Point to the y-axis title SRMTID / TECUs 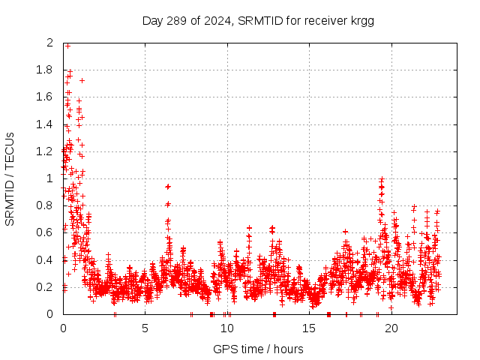(10, 178)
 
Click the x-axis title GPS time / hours (258, 349)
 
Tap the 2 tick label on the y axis (50, 43)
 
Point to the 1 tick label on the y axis (50, 178)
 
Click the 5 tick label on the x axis (145, 328)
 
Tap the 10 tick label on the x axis (226, 328)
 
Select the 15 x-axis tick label (309, 328)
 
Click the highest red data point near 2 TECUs (67, 46)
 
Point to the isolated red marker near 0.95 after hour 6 (168, 186)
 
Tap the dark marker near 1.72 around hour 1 (82, 80)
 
